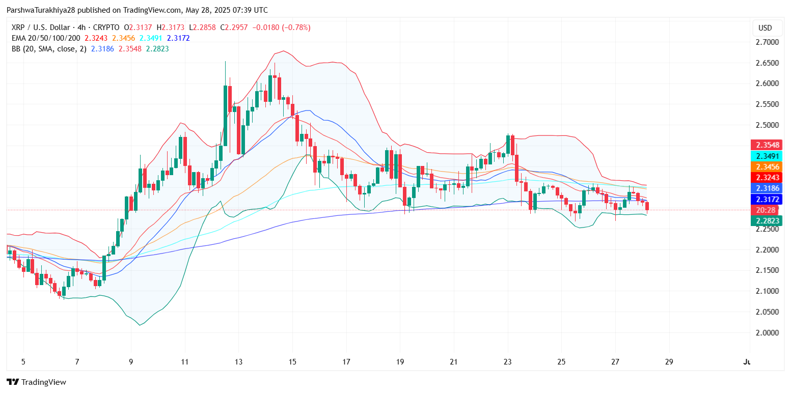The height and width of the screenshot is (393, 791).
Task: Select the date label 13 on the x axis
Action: coord(238,362)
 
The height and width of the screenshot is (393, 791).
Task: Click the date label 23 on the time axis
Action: coord(507,362)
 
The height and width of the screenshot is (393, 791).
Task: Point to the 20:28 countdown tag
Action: coord(765,210)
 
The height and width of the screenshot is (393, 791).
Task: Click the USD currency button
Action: coord(765,28)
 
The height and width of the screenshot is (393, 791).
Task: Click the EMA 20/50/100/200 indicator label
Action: coord(46,38)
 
